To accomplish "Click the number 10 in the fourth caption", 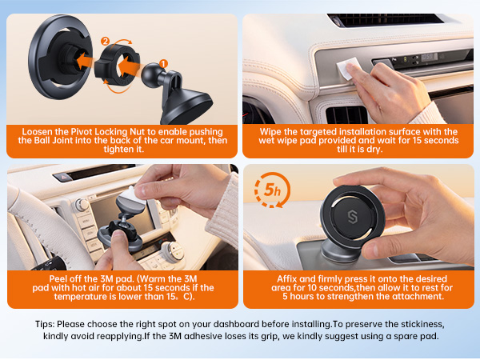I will point(298,286).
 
